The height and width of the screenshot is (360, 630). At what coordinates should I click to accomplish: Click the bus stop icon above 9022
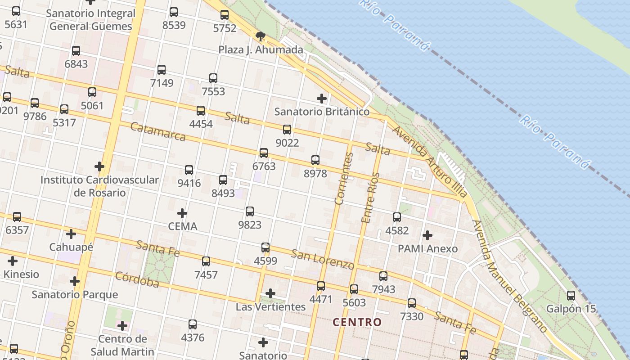[x=287, y=130]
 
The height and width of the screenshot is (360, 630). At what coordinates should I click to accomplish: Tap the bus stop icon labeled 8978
[x=315, y=160]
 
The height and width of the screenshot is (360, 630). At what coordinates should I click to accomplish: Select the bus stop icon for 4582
[x=397, y=217]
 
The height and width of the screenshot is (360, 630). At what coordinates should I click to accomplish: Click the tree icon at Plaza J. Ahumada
[x=260, y=36]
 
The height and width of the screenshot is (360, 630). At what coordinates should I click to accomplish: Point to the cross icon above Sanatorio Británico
[x=322, y=98]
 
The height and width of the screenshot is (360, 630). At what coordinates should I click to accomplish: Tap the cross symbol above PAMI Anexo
[x=427, y=235]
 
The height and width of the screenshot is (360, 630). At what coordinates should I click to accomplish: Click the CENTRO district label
[x=357, y=322]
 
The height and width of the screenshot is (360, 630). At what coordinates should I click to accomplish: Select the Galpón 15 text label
[x=571, y=309]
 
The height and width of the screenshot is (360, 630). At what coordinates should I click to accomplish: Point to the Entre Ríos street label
[x=370, y=198]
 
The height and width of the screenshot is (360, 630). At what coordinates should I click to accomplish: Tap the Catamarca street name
[x=157, y=131]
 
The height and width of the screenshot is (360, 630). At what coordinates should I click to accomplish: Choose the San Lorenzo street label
[x=323, y=259]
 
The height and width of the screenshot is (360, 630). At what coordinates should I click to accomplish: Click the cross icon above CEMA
[x=182, y=213]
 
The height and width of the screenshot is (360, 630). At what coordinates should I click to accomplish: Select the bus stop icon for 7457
[x=206, y=261]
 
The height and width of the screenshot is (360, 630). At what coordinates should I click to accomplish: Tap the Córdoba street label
[x=137, y=279]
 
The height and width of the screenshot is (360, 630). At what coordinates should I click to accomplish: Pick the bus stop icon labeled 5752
[x=225, y=15]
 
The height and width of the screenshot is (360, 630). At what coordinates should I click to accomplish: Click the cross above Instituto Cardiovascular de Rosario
[x=99, y=166]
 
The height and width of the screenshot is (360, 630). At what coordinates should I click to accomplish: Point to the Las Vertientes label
[x=270, y=307]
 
